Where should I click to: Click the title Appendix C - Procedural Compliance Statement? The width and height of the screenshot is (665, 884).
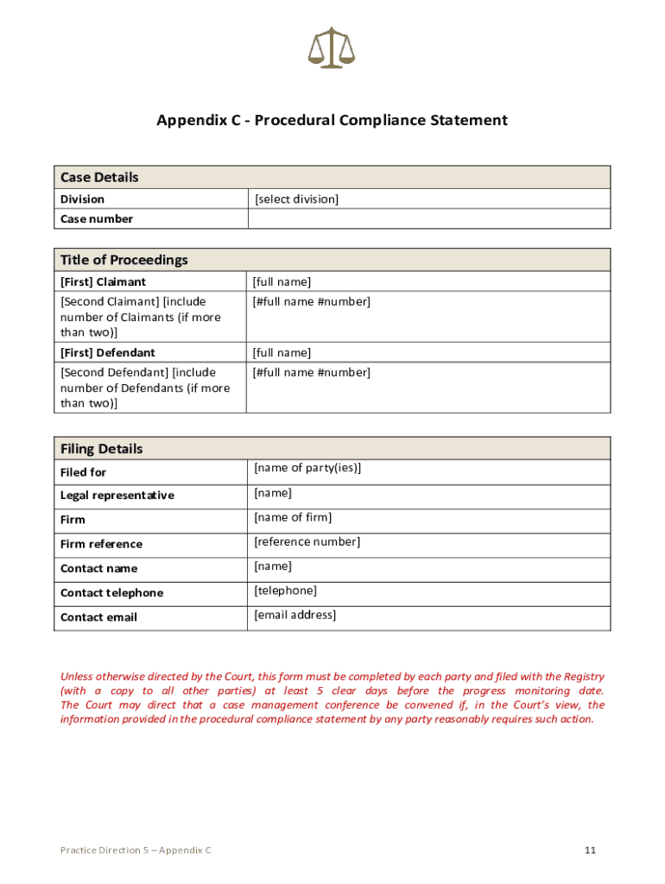click(332, 120)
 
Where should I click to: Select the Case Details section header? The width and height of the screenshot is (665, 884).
click(99, 177)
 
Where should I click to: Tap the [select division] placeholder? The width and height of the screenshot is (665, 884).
click(297, 199)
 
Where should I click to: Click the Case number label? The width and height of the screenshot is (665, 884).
click(97, 219)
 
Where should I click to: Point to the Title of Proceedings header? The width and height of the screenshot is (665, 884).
click(123, 260)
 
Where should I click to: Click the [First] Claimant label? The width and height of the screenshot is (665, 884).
click(103, 282)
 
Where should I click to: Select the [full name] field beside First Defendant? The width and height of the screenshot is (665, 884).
click(282, 352)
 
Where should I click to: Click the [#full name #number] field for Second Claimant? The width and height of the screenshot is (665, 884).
click(311, 301)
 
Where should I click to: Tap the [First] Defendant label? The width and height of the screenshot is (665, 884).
click(107, 352)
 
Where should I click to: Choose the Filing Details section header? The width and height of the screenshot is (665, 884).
click(102, 449)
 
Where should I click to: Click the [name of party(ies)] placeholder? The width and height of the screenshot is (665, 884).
click(307, 468)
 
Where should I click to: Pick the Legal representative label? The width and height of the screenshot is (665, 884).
click(117, 496)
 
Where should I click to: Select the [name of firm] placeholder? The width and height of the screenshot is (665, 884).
click(293, 517)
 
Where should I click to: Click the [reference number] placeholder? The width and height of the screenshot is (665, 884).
click(307, 541)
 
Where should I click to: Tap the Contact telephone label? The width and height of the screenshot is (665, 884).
click(111, 593)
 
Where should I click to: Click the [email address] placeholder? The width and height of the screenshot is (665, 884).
click(294, 615)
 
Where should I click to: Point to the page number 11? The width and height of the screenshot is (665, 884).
click(590, 850)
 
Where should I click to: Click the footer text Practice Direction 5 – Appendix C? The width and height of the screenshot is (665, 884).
click(136, 850)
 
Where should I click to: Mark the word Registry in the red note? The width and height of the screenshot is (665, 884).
click(583, 677)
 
